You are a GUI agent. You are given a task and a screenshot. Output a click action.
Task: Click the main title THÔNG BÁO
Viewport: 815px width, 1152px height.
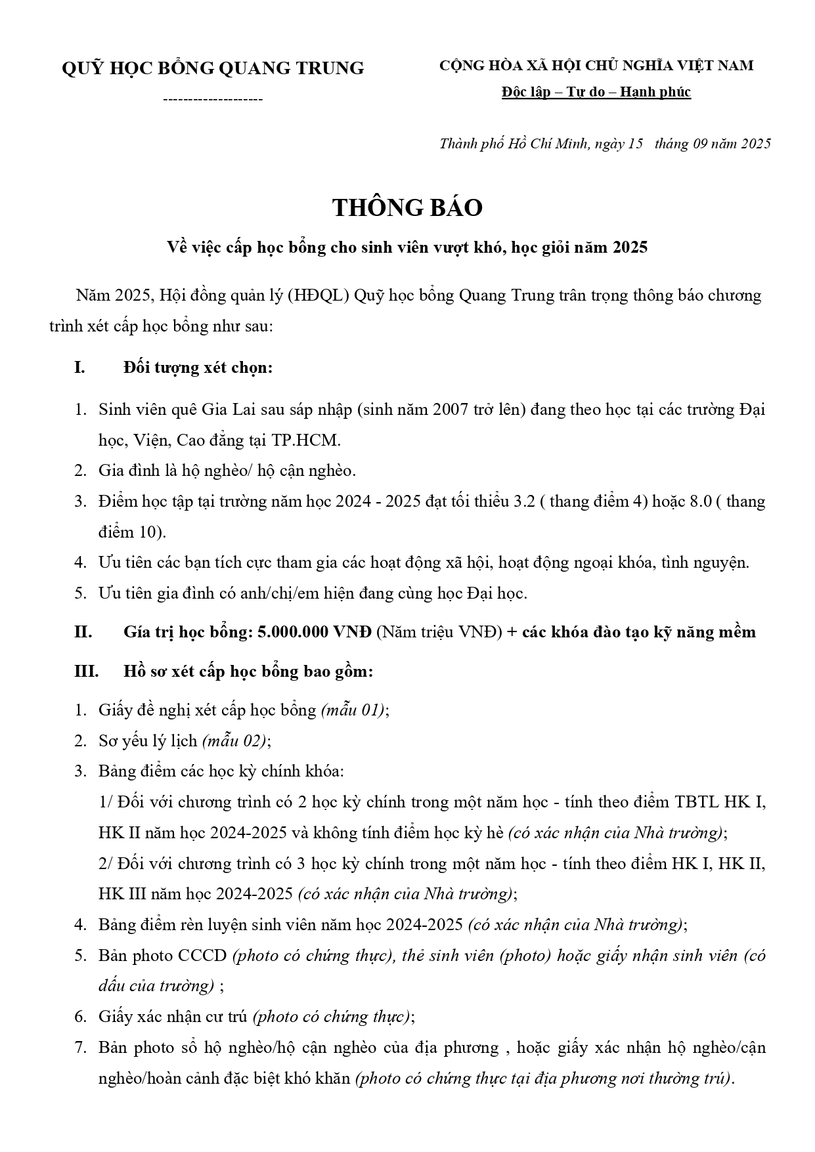407,207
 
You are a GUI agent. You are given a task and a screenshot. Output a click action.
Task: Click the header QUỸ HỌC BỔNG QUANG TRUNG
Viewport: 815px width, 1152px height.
212,68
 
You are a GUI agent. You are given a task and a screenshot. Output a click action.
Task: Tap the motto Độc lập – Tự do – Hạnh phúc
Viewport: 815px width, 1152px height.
596,92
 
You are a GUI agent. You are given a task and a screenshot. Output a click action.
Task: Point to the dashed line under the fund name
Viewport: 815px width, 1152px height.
212,100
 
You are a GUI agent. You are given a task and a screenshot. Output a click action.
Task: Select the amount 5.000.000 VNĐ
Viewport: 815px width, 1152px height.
315,632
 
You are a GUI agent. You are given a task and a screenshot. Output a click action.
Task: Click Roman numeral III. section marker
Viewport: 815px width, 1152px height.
86,672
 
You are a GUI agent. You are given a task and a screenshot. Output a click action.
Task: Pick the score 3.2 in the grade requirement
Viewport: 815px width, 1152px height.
526,502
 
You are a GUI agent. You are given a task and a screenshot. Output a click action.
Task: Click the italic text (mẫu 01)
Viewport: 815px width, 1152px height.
353,710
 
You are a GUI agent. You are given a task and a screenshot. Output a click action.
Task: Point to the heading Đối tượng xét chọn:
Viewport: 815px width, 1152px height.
198,368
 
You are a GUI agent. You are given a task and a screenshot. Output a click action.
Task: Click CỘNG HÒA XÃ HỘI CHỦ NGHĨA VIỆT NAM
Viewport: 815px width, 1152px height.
596,66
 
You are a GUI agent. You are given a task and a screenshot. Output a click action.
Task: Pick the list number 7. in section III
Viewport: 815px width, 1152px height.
80,1048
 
